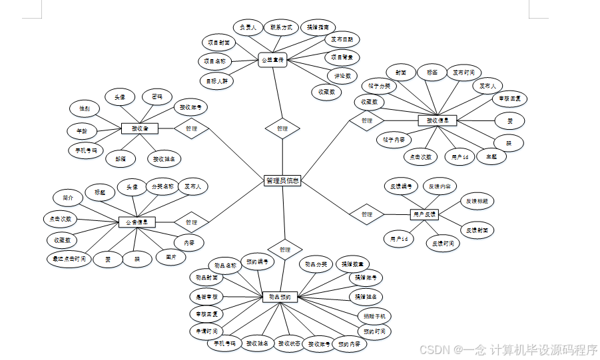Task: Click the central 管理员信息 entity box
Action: [282, 180]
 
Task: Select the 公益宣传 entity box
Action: [272, 61]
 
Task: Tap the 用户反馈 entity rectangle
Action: [424, 214]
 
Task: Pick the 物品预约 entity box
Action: [280, 296]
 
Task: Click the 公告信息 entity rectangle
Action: [137, 222]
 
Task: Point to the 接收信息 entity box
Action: [437, 120]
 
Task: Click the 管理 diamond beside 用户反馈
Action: [366, 214]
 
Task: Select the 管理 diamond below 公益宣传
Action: [282, 128]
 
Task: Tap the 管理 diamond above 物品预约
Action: [285, 250]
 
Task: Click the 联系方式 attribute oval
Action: [279, 28]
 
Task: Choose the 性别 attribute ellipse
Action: [85, 108]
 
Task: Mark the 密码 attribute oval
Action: [157, 96]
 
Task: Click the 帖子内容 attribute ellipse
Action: [394, 140]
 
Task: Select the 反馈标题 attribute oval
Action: [477, 200]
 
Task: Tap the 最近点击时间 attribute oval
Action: [69, 258]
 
